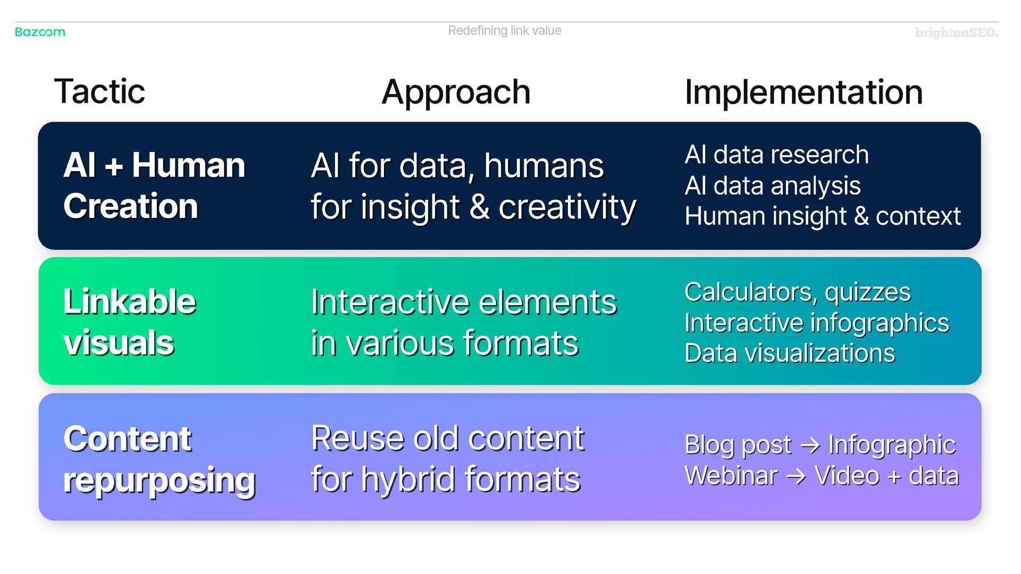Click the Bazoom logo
coord(40,32)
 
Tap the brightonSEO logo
coord(956,33)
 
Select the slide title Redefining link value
coord(504,31)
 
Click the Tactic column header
coord(99,91)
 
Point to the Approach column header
coord(456,92)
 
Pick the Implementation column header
coord(803,92)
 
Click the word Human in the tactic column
coord(188,165)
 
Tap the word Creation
coord(130,206)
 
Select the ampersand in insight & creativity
coord(479,207)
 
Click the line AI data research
coord(776,155)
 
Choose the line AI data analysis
coord(772,185)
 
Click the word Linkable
coord(130,301)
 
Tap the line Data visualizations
coord(790,353)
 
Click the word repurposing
coord(159,481)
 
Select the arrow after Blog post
coord(810,445)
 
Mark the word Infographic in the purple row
coord(892,445)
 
